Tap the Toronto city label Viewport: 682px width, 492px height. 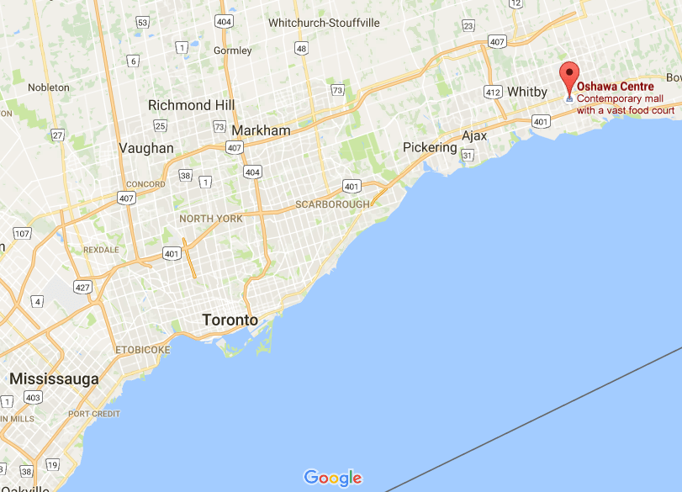click(x=230, y=320)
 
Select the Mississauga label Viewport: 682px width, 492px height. click(x=54, y=379)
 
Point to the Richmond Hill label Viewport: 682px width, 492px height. click(x=191, y=105)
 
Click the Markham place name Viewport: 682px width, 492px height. click(x=261, y=130)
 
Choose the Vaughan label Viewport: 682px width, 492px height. click(x=146, y=148)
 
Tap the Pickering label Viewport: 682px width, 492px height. click(x=430, y=147)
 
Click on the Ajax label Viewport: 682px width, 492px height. click(x=475, y=136)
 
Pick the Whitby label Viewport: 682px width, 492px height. click(x=527, y=92)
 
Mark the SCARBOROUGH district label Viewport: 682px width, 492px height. click(x=332, y=204)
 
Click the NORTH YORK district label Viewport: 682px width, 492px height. click(x=211, y=219)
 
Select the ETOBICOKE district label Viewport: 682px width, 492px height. click(x=141, y=349)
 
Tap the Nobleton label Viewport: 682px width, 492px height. click(x=49, y=87)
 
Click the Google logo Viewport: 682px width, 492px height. click(x=333, y=478)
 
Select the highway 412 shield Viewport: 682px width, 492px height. click(x=493, y=91)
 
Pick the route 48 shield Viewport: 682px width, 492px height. click(x=301, y=50)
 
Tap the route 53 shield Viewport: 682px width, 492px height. click(x=143, y=23)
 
